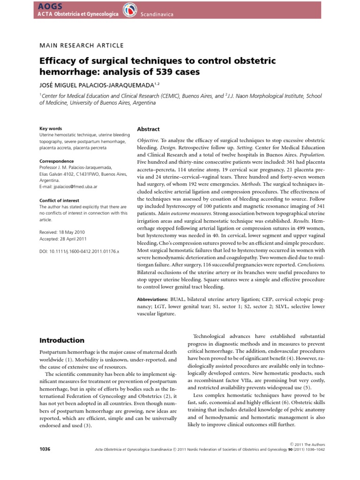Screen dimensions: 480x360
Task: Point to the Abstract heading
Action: (148, 129)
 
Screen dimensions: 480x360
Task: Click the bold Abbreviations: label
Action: (155, 299)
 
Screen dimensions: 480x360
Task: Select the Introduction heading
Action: (61, 340)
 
